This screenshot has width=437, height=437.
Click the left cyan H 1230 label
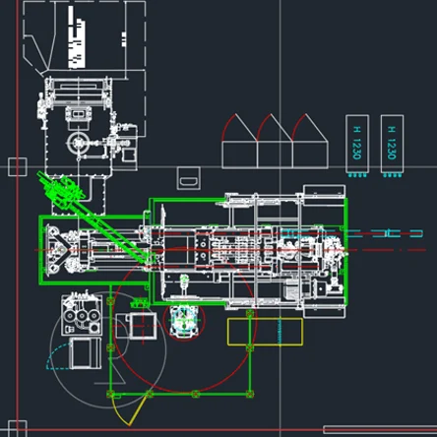tap(357, 143)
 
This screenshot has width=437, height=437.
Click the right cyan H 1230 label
tap(392, 143)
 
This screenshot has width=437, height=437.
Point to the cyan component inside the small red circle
tap(184, 320)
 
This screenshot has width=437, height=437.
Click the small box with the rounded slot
tap(189, 178)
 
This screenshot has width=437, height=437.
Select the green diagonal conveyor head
tap(61, 191)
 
